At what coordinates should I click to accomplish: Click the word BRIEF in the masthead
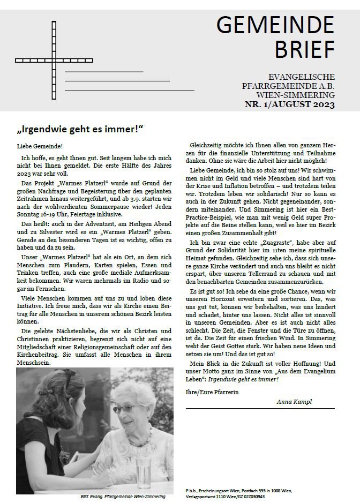(x=305, y=49)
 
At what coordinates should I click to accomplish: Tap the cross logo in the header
(x=54, y=59)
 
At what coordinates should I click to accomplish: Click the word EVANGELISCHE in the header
(x=303, y=77)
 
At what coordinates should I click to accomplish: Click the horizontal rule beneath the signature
(x=260, y=409)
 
